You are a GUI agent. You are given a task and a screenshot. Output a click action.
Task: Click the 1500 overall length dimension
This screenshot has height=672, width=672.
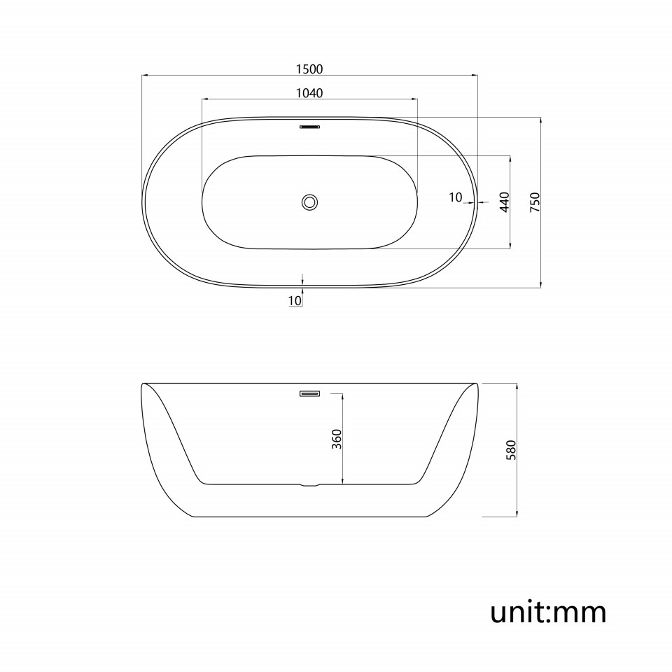[309, 69]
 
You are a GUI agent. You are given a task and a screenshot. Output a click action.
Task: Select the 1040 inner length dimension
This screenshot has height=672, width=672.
[309, 93]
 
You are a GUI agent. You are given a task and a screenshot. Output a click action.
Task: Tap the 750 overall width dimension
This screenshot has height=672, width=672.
[535, 202]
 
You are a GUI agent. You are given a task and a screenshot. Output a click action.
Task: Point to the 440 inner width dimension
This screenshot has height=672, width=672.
[505, 202]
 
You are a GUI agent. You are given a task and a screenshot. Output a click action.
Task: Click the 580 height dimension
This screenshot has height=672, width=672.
[511, 450]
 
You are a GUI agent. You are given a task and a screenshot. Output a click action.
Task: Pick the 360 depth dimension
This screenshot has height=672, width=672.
[337, 439]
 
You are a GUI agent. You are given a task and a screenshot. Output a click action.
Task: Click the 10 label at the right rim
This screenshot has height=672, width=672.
[456, 197]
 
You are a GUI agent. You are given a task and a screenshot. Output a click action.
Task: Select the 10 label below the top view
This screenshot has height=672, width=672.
[295, 301]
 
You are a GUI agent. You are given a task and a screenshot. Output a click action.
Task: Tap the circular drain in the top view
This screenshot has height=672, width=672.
[309, 202]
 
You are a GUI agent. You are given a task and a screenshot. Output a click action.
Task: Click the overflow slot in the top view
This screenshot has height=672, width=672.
[309, 127]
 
